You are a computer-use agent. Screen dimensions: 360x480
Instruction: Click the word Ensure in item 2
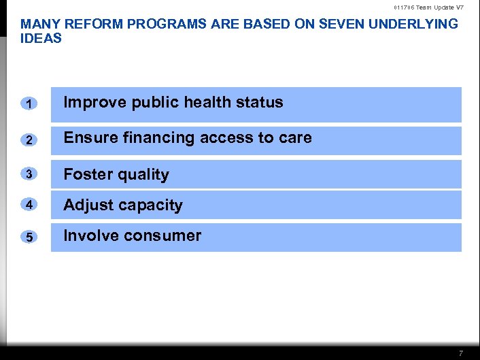pyautogui.click(x=88, y=138)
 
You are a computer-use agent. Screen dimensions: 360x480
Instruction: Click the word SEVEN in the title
pyautogui.click(x=327, y=24)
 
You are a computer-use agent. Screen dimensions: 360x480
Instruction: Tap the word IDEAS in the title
pyautogui.click(x=41, y=38)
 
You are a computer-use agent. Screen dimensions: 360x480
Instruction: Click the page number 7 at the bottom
pyautogui.click(x=461, y=353)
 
